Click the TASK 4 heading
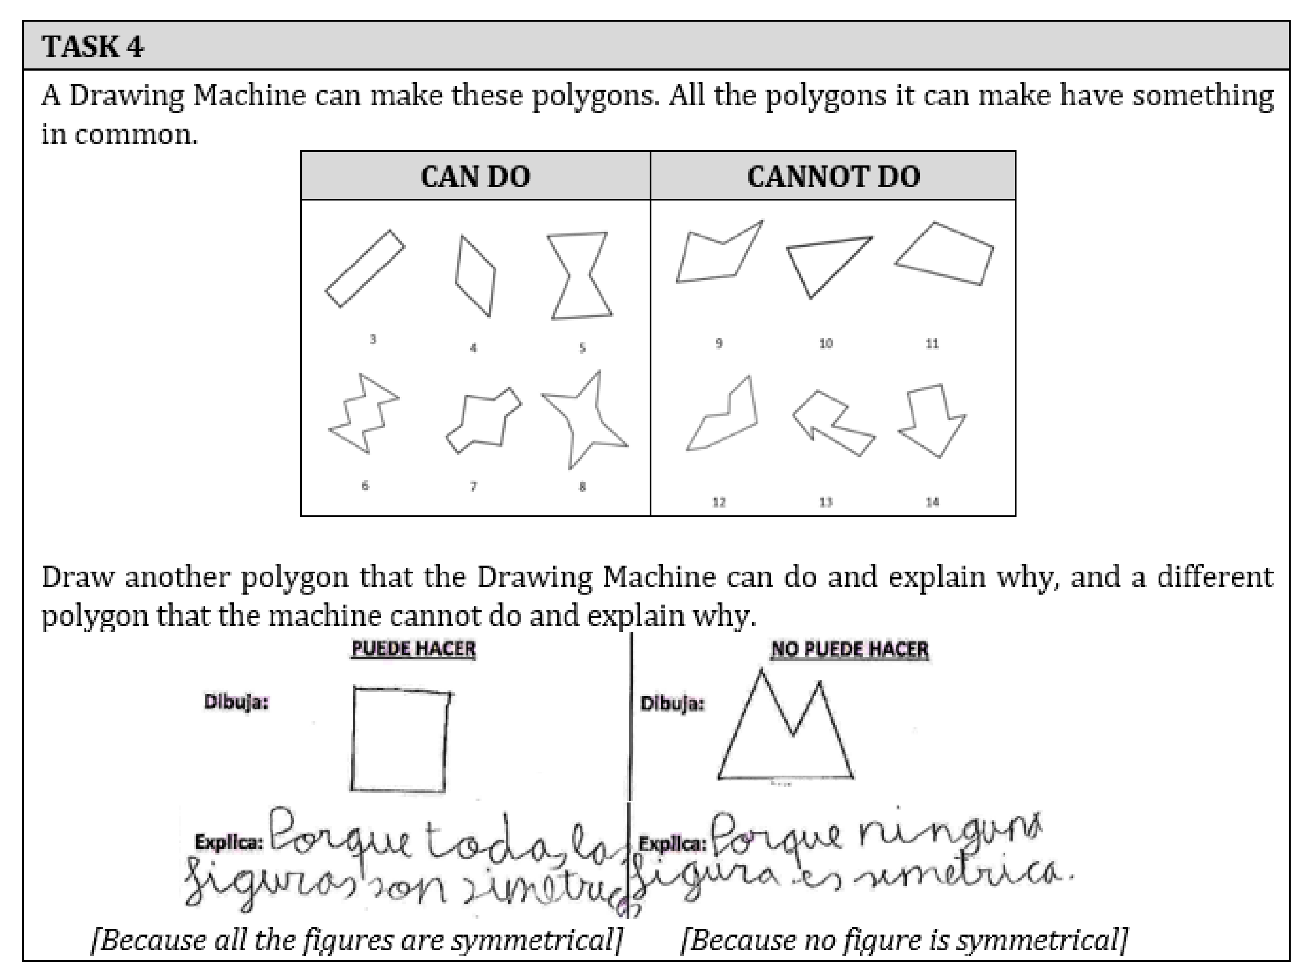(x=92, y=47)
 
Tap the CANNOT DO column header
(x=833, y=176)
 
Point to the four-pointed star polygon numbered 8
(x=583, y=420)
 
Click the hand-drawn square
(x=400, y=739)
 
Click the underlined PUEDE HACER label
(x=413, y=649)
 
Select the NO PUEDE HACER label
(x=849, y=649)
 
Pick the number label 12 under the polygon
(x=719, y=502)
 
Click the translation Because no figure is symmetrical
(x=903, y=940)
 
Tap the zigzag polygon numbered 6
(x=362, y=414)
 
